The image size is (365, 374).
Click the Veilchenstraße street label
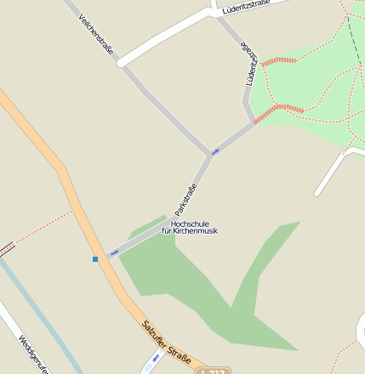(95, 34)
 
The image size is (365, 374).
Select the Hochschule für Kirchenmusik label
(189, 227)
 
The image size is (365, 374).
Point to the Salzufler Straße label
(166, 342)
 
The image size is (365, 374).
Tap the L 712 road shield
(212, 371)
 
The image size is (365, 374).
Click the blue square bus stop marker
(95, 258)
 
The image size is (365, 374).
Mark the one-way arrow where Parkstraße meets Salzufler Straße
(114, 252)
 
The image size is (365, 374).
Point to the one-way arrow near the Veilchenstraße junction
(215, 151)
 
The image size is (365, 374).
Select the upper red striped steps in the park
(279, 61)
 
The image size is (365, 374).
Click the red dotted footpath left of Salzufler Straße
(43, 225)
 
